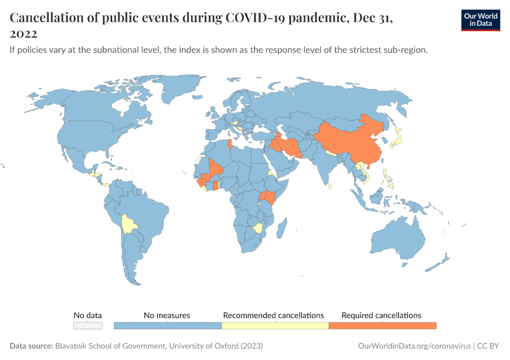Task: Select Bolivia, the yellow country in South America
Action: [x=128, y=225]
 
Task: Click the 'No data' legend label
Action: [x=88, y=315]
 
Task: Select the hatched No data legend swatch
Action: [x=88, y=326]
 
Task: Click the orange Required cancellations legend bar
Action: [x=382, y=326]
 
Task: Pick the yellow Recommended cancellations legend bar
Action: [x=275, y=326]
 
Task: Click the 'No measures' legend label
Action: [x=167, y=315]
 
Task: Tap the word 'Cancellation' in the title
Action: [x=45, y=18]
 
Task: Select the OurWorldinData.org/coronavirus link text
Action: [x=413, y=346]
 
